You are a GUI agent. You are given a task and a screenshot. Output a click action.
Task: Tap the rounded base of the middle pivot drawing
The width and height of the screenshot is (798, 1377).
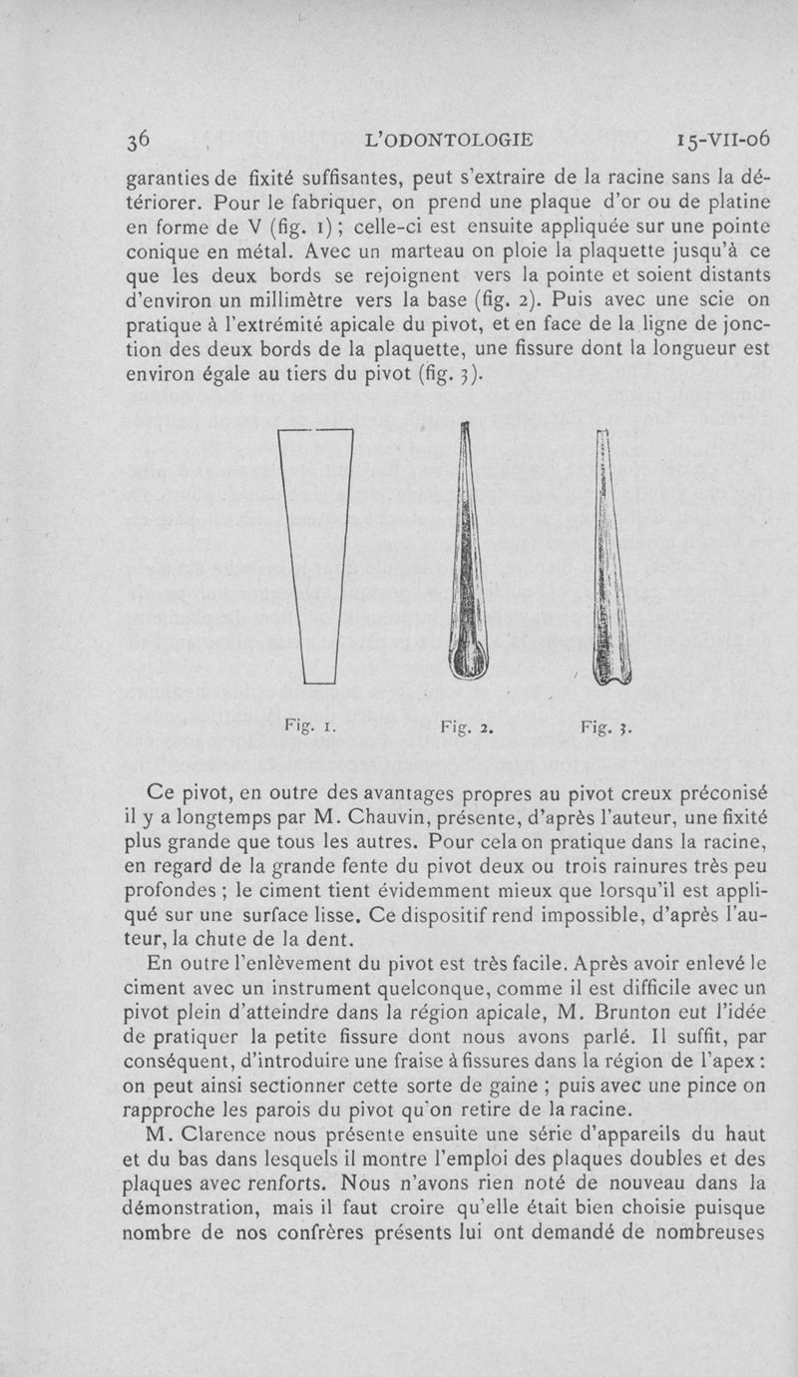pos(464,659)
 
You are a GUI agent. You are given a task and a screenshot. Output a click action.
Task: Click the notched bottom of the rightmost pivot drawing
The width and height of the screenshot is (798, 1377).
pos(612,673)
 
